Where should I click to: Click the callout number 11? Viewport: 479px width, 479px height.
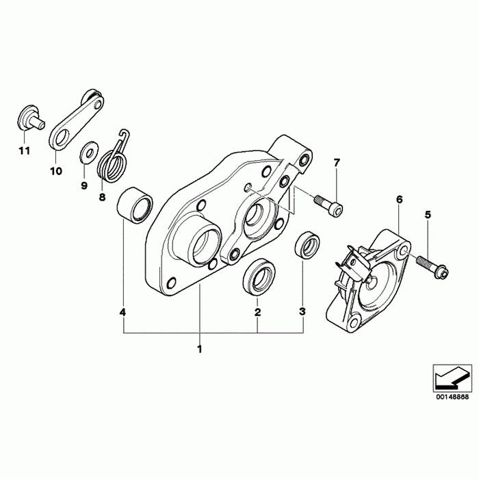25,151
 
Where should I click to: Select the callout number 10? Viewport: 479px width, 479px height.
56,171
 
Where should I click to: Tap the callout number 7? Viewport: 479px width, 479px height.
337,163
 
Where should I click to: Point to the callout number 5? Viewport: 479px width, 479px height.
428,215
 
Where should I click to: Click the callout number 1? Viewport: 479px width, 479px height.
200,349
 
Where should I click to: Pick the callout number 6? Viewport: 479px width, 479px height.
399,200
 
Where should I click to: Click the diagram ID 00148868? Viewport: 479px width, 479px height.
452,397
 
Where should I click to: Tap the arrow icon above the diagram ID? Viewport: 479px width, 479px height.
452,377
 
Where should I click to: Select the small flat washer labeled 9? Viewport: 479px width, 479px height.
88,151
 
